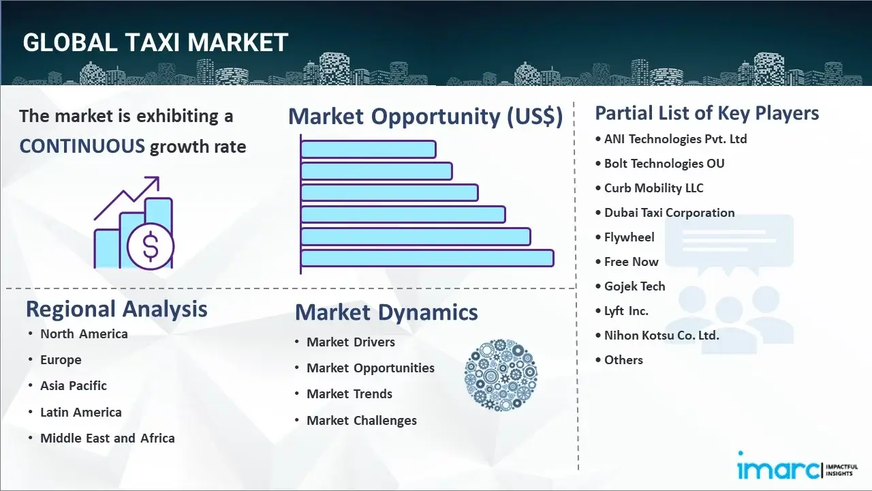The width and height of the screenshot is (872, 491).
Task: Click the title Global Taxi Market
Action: [155, 42]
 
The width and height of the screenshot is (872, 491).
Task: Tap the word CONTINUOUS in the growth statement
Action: [82, 146]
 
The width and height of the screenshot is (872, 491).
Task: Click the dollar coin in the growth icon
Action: [151, 247]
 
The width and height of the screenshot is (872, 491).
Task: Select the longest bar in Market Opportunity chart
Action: [427, 258]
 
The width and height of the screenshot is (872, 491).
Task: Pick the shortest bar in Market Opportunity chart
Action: [368, 149]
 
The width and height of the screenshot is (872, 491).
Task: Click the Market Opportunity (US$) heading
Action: [425, 117]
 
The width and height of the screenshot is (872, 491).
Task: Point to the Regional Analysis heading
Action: [116, 309]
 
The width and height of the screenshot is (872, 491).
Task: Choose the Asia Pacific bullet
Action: [74, 386]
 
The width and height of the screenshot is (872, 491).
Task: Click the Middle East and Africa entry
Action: [108, 438]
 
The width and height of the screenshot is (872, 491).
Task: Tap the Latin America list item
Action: [81, 413]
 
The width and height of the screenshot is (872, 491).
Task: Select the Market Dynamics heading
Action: [386, 312]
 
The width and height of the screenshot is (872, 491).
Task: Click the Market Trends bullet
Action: [349, 394]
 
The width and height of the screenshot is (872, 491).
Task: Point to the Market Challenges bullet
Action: [362, 421]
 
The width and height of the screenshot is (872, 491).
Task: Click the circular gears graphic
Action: [501, 375]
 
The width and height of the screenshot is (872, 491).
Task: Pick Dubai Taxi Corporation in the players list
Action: [669, 213]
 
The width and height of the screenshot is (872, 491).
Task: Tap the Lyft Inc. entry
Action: [626, 311]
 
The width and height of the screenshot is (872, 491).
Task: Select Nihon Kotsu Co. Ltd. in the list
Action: [661, 336]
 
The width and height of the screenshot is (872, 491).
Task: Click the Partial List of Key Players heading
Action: [707, 113]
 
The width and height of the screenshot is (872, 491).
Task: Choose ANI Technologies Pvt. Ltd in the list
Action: [675, 139]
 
